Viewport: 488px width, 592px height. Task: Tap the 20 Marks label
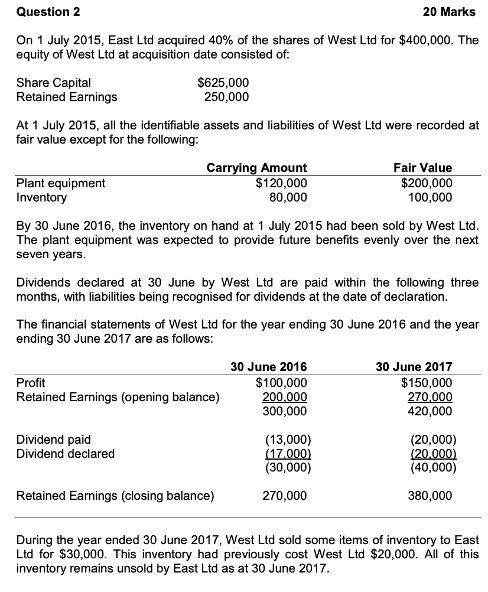pyautogui.click(x=450, y=12)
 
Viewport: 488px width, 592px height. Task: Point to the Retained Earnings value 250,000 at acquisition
pyautogui.click(x=226, y=96)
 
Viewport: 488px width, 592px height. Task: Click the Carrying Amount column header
pyautogui.click(x=256, y=168)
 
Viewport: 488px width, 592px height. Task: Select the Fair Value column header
pyautogui.click(x=423, y=168)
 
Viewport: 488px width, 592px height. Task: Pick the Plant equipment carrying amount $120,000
pyautogui.click(x=281, y=183)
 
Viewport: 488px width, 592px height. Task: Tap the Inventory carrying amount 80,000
pyautogui.click(x=288, y=197)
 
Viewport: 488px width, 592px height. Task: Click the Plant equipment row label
pyautogui.click(x=61, y=183)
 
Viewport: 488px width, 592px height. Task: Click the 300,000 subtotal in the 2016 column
pyautogui.click(x=284, y=411)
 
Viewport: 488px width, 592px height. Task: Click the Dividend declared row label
pyautogui.click(x=66, y=453)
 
